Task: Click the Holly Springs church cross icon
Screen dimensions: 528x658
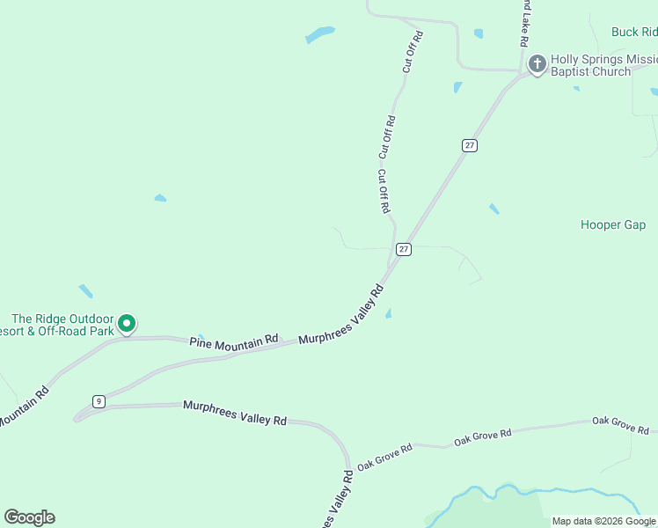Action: click(x=537, y=63)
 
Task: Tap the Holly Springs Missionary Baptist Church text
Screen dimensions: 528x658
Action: click(x=603, y=65)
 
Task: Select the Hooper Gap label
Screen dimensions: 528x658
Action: click(x=613, y=225)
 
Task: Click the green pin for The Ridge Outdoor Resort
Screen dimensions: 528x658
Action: click(x=127, y=324)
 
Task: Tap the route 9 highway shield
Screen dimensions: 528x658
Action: click(x=99, y=401)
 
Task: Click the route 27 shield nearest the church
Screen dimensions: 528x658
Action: click(x=470, y=145)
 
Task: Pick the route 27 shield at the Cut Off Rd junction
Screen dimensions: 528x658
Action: click(x=403, y=249)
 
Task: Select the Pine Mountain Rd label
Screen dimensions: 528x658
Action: click(x=234, y=339)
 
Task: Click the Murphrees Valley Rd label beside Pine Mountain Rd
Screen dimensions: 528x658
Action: click(x=341, y=315)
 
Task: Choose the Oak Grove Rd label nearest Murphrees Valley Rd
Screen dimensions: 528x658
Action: click(x=384, y=456)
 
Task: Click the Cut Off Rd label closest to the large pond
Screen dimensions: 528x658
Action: click(x=413, y=51)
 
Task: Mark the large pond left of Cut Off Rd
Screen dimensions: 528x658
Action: click(x=319, y=35)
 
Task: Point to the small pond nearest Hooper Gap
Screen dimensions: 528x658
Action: click(x=494, y=209)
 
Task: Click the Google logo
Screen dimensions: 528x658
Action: click(x=29, y=517)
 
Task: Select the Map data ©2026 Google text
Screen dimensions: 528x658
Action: click(x=603, y=521)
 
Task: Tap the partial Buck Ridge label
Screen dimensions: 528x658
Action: click(x=634, y=33)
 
